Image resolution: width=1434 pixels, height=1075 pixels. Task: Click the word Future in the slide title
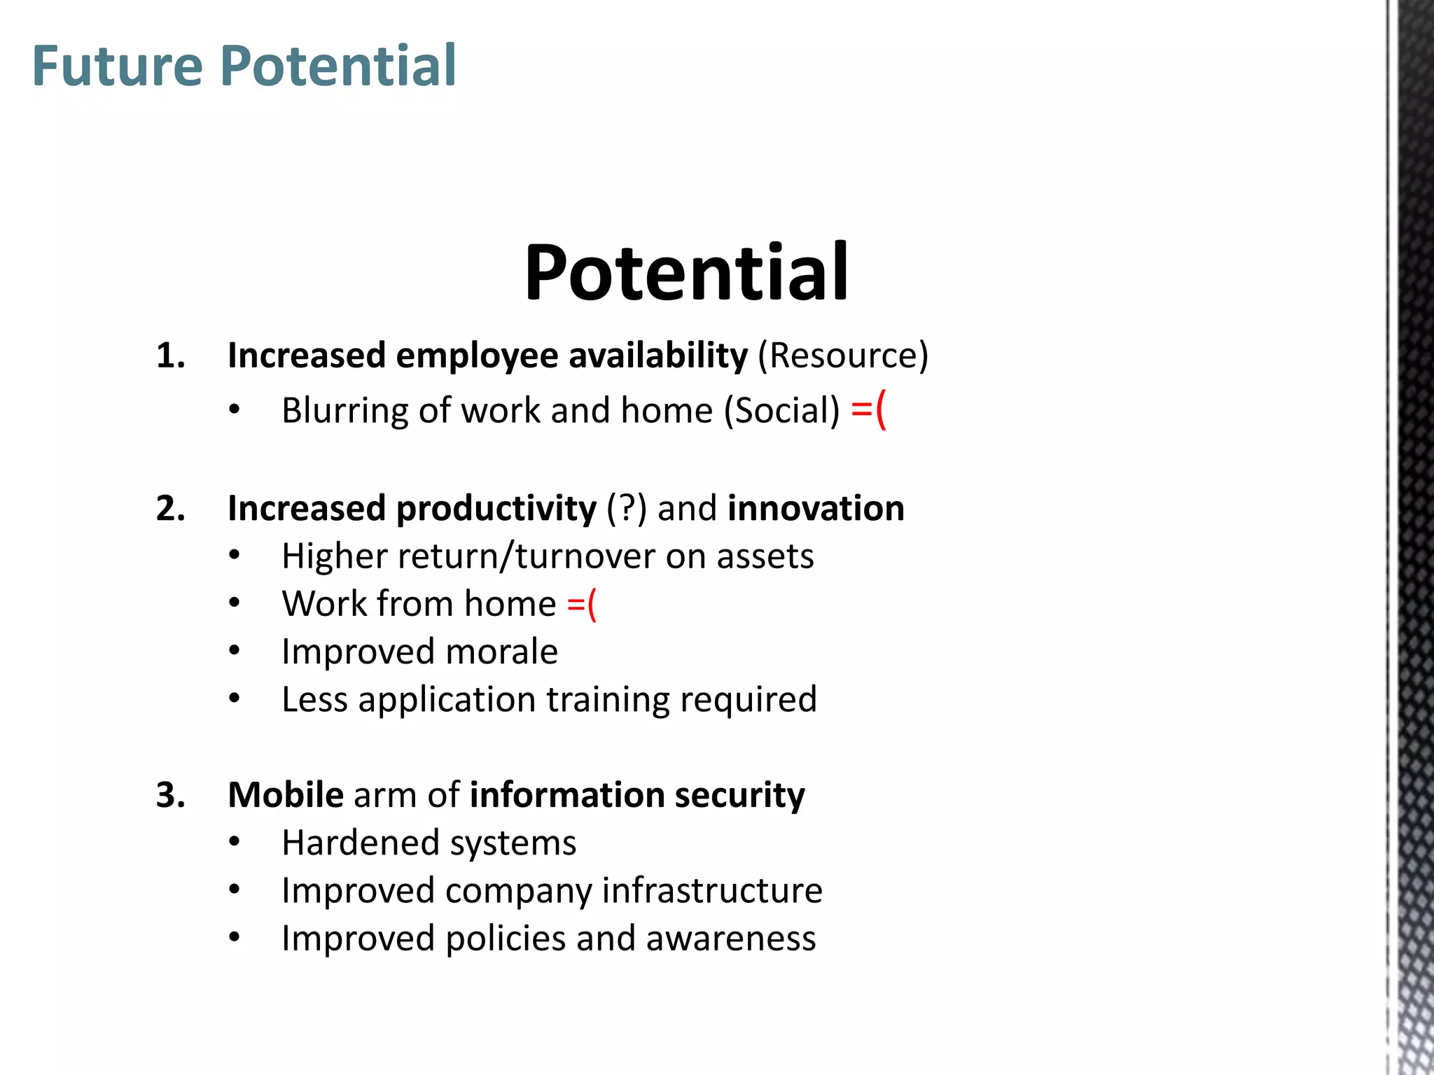(118, 66)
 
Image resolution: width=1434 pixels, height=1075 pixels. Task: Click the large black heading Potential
(686, 273)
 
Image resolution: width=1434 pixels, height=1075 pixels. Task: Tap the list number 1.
(170, 356)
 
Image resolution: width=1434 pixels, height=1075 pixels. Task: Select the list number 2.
(170, 508)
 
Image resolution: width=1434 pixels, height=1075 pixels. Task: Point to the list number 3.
(170, 795)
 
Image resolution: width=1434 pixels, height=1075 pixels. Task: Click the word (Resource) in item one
(843, 356)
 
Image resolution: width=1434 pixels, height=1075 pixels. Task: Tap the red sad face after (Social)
(868, 410)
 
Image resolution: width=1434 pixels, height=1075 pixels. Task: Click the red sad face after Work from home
(581, 604)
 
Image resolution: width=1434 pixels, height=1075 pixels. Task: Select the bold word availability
(658, 356)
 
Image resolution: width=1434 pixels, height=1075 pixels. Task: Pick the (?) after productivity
(627, 508)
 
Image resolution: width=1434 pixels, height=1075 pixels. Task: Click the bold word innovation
(816, 508)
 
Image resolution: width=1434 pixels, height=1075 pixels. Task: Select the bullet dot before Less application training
(235, 698)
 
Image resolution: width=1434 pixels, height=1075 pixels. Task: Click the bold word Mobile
(286, 795)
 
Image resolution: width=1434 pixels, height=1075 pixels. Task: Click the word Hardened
(360, 843)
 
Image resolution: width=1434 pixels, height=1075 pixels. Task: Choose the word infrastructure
(712, 890)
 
